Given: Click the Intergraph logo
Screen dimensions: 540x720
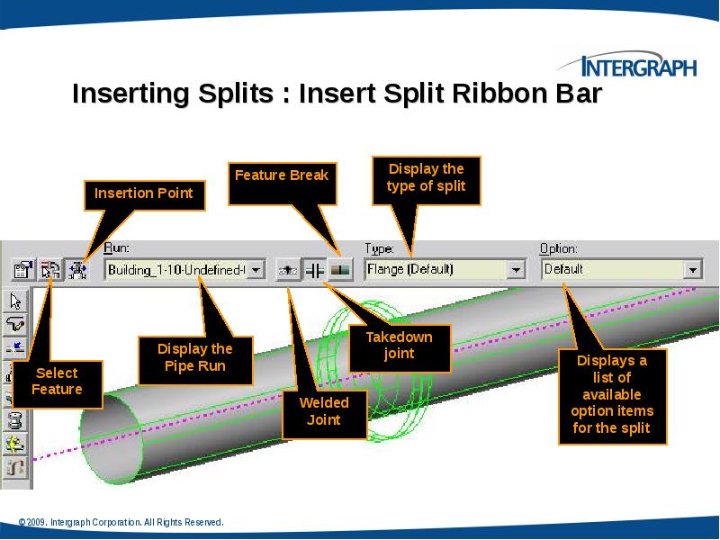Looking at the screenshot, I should click(627, 66).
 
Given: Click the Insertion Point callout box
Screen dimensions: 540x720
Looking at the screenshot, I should click(144, 193).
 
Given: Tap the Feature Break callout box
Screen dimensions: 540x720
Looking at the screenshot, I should click(282, 175).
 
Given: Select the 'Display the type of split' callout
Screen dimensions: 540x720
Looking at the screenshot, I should click(426, 178).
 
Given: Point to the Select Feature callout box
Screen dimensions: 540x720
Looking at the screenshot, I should click(57, 381).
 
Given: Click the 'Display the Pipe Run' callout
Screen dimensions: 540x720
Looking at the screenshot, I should click(194, 357).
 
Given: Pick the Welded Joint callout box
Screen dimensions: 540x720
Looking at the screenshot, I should click(323, 411).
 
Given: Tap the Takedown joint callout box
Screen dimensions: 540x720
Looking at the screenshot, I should click(399, 346).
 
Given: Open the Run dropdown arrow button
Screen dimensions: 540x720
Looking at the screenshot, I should click(256, 269).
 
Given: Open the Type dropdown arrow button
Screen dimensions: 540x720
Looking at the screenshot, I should click(516, 269).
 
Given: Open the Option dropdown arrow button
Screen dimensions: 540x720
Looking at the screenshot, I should click(692, 269).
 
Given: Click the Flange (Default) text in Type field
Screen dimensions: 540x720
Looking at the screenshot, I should click(409, 269).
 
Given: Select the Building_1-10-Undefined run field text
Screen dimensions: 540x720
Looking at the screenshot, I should click(175, 269).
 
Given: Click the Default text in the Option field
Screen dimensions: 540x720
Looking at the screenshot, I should click(564, 269).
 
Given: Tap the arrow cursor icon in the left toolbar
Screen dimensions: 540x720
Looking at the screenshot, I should click(15, 301).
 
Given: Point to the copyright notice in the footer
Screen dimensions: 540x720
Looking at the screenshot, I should click(121, 523).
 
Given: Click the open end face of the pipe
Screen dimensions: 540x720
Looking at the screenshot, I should click(112, 432).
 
